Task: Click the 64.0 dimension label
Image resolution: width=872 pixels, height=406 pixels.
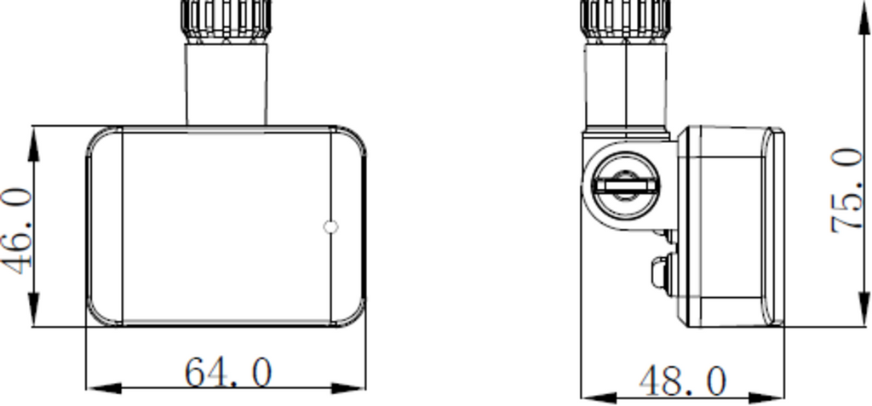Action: click(x=228, y=373)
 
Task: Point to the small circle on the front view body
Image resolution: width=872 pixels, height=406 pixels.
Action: click(x=331, y=226)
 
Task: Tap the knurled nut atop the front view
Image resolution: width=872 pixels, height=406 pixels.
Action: click(x=227, y=17)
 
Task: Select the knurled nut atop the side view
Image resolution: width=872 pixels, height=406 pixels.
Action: click(x=626, y=17)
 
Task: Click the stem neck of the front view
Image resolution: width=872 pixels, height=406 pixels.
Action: click(x=227, y=83)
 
